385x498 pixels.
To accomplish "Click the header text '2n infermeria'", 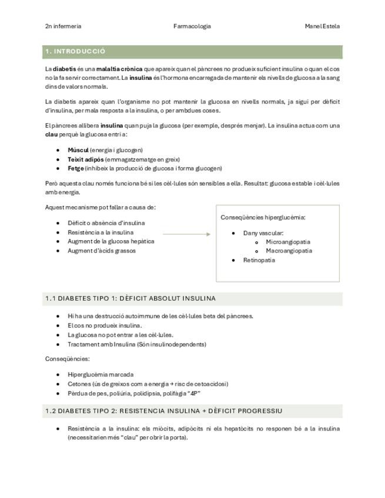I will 63,26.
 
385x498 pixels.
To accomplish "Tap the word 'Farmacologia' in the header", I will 192,26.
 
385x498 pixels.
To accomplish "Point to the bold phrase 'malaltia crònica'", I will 119,69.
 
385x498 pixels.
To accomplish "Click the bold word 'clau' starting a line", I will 51,134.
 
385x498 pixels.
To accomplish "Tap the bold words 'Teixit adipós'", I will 85,159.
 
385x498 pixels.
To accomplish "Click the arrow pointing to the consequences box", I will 186,234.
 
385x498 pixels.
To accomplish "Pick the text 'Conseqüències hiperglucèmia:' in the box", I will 263,217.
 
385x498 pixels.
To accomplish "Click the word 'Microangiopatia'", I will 288,242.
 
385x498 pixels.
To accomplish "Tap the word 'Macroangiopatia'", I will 289,251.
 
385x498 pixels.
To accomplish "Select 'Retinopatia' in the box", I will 259,260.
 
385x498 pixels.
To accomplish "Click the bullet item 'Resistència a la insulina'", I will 101,233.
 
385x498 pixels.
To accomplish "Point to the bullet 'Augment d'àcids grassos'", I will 102,251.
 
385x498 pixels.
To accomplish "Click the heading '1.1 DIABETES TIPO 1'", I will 130,298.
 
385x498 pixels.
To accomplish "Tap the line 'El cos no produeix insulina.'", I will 105,325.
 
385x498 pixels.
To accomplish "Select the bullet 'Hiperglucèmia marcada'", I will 101,375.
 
